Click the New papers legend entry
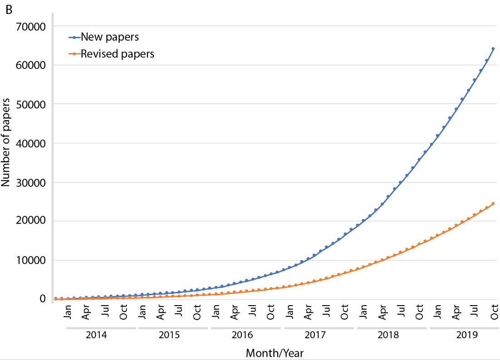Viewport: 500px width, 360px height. [x=109, y=37]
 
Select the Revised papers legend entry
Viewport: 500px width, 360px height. [x=117, y=54]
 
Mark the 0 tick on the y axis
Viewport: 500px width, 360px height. [x=43, y=299]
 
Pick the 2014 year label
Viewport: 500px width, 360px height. [x=97, y=336]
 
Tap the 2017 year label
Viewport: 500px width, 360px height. [x=315, y=336]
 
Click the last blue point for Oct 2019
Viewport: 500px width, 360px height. [x=493, y=49]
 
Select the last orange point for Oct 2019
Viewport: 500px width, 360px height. [x=493, y=204]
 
